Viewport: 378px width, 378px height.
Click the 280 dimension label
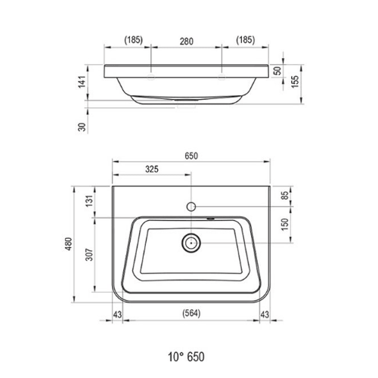click(187, 42)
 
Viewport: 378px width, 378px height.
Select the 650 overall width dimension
click(191, 156)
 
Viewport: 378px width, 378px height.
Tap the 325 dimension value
click(152, 169)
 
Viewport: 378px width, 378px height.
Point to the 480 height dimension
click(69, 243)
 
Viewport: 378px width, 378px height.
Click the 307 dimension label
click(89, 255)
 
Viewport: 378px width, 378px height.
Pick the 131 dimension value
click(89, 201)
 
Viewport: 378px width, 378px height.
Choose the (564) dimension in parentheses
click(191, 313)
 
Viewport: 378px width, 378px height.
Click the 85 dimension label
click(285, 195)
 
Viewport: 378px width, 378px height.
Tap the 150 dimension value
click(285, 225)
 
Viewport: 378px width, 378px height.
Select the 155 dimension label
click(295, 82)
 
